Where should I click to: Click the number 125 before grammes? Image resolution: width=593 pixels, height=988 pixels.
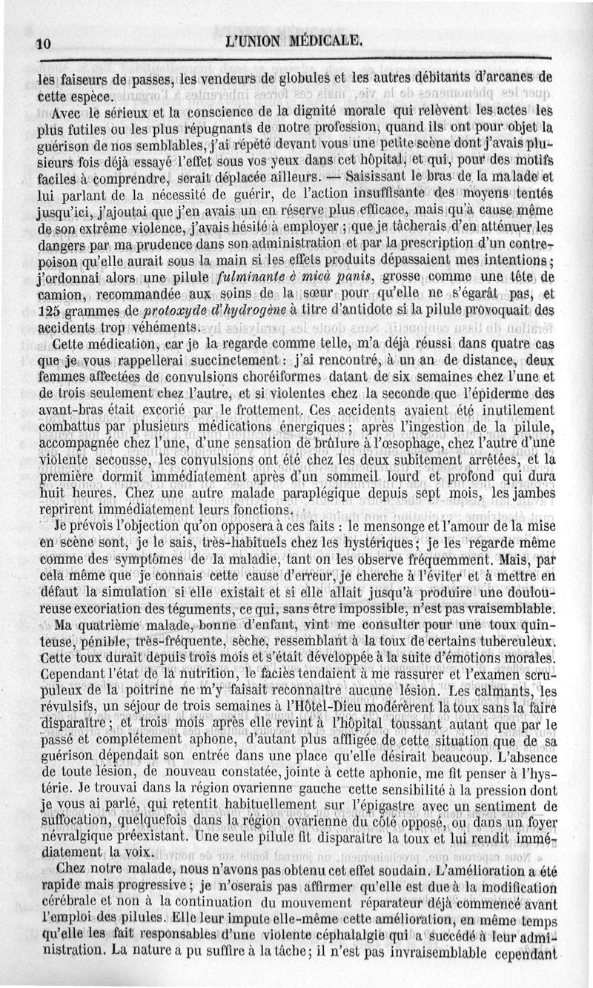[x=50, y=311]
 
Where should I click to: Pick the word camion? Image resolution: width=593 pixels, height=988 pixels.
[x=62, y=295]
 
